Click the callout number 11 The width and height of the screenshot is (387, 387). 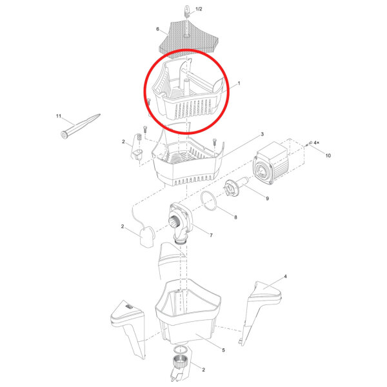pos(59,116)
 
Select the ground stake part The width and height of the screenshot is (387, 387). pos(80,126)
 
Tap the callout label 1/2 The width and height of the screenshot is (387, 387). pos(199,9)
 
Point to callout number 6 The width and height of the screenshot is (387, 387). pos(158,29)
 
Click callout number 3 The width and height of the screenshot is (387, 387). pos(262,134)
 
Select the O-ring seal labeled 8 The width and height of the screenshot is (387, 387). pos(208,201)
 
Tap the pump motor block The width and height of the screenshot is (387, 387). pos(271,163)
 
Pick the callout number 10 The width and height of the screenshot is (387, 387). pos(328,155)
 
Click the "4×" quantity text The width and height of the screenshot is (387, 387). pos(317,143)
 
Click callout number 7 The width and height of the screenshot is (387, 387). pos(211,235)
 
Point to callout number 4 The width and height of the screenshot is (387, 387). pos(285,277)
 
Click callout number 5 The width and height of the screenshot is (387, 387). pos(223,350)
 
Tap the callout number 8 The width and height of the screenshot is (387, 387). pos(235,217)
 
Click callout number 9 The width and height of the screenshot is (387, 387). pos(267,199)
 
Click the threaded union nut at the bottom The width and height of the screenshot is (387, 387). pos(181,362)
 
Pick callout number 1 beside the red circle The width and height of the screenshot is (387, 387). pos(239,83)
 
